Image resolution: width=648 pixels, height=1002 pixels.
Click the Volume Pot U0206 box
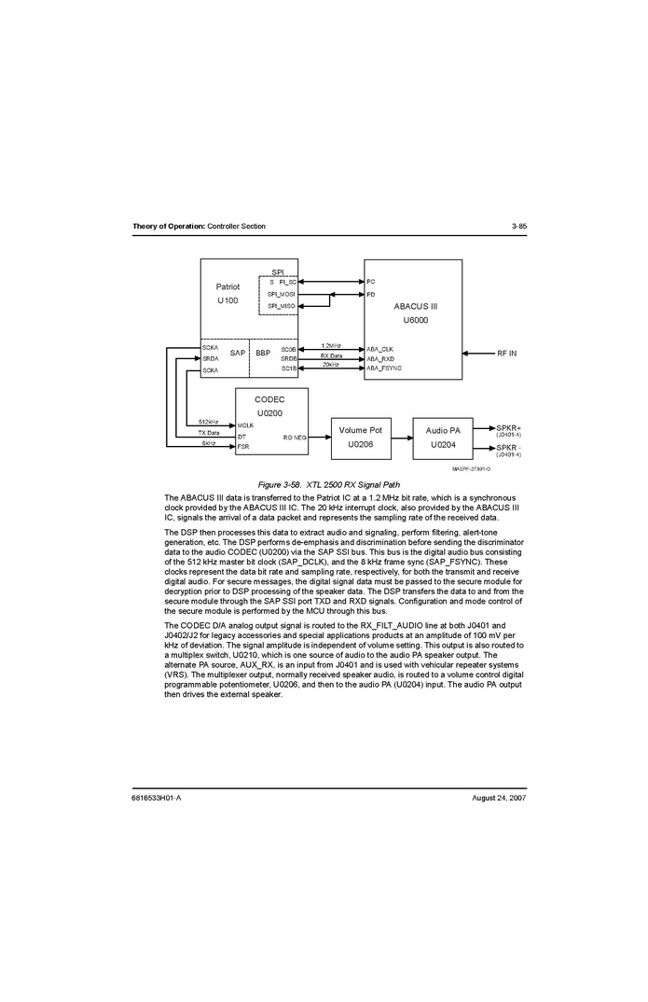coord(359,438)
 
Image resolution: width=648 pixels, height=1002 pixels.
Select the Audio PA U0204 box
coord(443,438)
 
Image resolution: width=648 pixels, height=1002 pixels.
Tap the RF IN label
coord(506,354)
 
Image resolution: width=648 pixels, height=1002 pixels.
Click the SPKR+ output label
coord(509,427)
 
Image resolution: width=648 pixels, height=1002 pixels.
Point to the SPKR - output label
coord(509,448)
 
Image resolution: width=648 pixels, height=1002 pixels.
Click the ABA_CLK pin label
coord(379,349)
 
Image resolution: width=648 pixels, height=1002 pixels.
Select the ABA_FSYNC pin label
coord(383,369)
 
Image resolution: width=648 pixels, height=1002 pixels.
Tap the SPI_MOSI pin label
coord(281,294)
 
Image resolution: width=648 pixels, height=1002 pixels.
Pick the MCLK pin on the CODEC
coord(246,425)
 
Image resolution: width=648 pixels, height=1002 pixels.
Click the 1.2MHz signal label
coord(331,346)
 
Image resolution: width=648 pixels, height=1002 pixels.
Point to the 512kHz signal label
coord(209,423)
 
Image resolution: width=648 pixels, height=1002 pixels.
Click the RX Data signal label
coord(331,355)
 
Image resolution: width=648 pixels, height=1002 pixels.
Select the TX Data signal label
coord(209,433)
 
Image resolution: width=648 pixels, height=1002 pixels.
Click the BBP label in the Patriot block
coord(263,354)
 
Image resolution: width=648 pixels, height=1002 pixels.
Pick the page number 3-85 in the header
coord(519,227)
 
